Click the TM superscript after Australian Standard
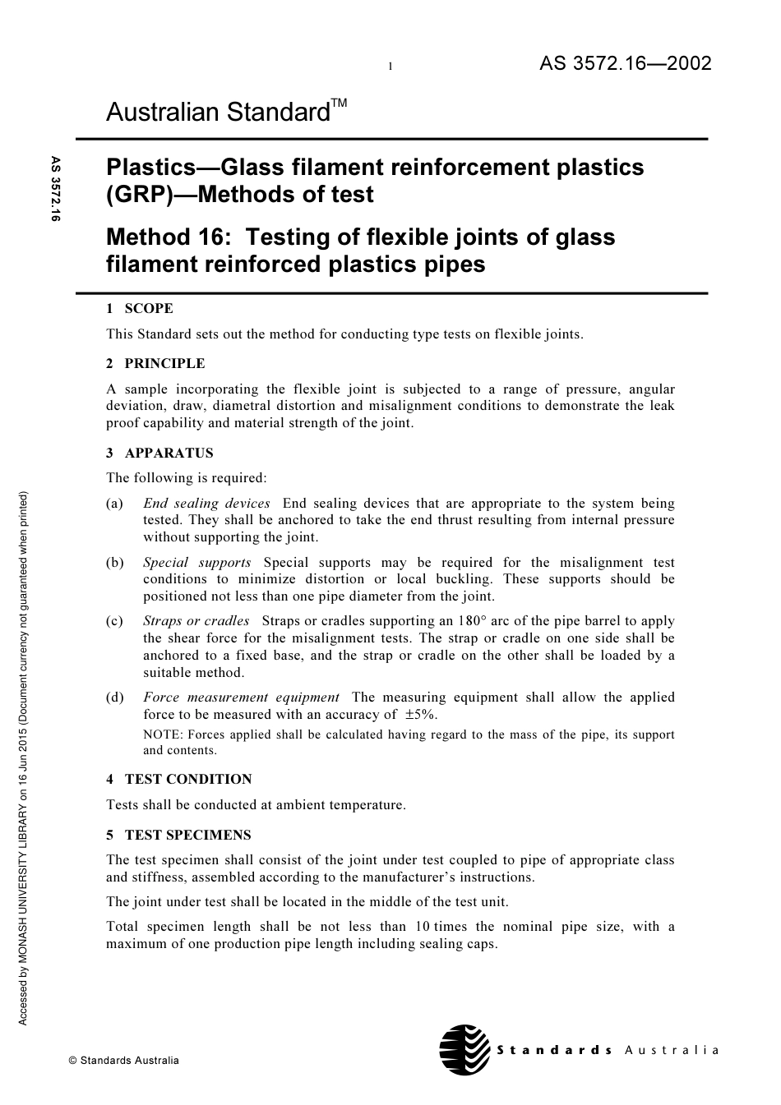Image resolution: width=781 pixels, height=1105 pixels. pyautogui.click(x=339, y=103)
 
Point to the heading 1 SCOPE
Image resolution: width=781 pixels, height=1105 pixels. pyautogui.click(x=140, y=309)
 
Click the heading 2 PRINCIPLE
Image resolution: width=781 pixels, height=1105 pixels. pyautogui.click(x=155, y=363)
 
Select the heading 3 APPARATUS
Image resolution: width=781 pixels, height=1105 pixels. pyautogui.click(x=159, y=453)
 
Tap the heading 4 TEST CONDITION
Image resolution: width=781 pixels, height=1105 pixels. pyautogui.click(x=179, y=779)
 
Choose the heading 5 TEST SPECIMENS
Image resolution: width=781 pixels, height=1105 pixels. pyautogui.click(x=178, y=835)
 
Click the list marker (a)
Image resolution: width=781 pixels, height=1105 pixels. pyautogui.click(x=115, y=504)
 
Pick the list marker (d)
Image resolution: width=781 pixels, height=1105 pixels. pyautogui.click(x=115, y=698)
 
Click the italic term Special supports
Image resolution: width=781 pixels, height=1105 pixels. pyautogui.click(x=197, y=563)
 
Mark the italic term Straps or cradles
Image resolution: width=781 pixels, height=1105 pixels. pyautogui.click(x=196, y=621)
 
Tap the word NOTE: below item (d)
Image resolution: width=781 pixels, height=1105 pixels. pyautogui.click(x=162, y=734)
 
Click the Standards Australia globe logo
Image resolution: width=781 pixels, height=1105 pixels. pyautogui.click(x=464, y=1050)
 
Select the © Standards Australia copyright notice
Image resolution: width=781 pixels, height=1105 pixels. pyautogui.click(x=123, y=1060)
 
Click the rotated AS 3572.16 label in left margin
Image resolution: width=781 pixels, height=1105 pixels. pyautogui.click(x=56, y=189)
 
